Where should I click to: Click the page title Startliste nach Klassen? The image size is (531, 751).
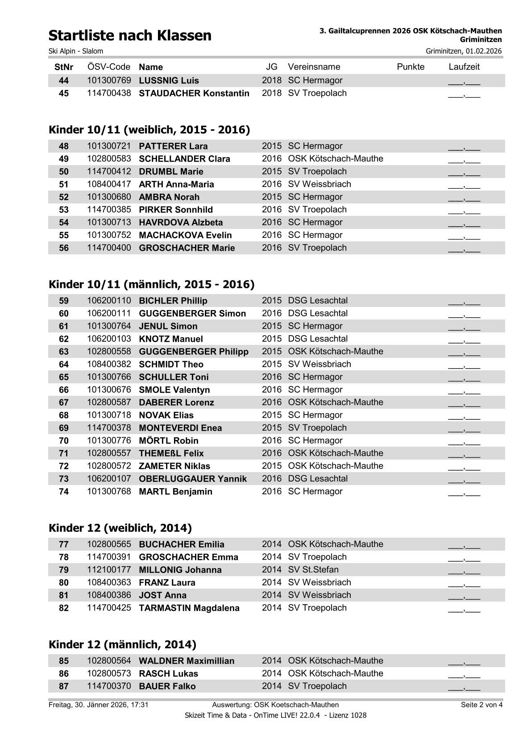(x=130, y=36)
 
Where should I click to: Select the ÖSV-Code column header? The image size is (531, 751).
(x=109, y=67)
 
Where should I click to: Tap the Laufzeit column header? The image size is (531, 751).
(x=464, y=67)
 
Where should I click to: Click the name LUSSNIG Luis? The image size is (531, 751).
(x=169, y=81)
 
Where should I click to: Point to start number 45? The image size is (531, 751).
(x=64, y=94)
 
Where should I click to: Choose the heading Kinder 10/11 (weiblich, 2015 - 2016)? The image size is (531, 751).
(x=149, y=130)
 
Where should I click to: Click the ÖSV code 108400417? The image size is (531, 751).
(x=109, y=184)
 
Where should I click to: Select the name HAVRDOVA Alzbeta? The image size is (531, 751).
(x=181, y=223)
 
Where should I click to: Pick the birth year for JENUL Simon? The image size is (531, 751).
(x=272, y=326)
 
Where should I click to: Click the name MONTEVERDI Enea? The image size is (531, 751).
(x=180, y=428)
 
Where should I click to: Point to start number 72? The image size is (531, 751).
(x=64, y=466)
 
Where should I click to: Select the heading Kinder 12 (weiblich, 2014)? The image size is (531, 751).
(x=120, y=528)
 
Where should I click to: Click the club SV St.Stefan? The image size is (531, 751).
(x=313, y=570)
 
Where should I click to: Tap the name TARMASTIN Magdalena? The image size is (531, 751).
(x=189, y=608)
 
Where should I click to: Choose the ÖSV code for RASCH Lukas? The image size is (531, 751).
(x=109, y=674)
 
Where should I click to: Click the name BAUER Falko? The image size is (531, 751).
(x=167, y=686)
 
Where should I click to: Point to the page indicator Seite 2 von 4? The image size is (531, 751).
(x=481, y=705)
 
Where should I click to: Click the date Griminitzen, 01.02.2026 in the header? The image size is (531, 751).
(x=464, y=51)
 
